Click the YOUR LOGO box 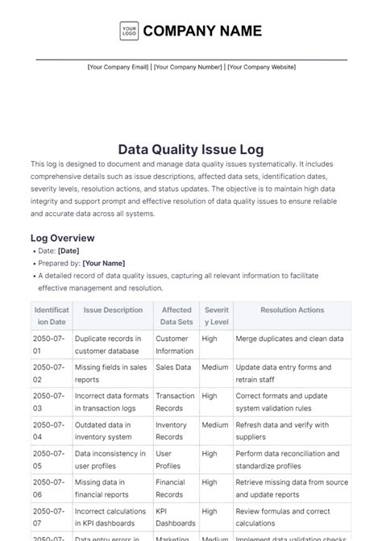point(129,31)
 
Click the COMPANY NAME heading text point(202,31)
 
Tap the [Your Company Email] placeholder point(118,68)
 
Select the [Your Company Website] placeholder point(261,68)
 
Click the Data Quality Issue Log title point(191,149)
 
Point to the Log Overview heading point(62,238)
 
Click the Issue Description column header point(113,310)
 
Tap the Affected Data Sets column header point(176,315)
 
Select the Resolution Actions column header point(292,310)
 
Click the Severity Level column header point(216,315)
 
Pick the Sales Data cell point(173,367)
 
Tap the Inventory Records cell point(172,431)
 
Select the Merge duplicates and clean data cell point(289,339)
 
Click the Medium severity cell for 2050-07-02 point(215,367)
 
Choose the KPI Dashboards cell point(176,517)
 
